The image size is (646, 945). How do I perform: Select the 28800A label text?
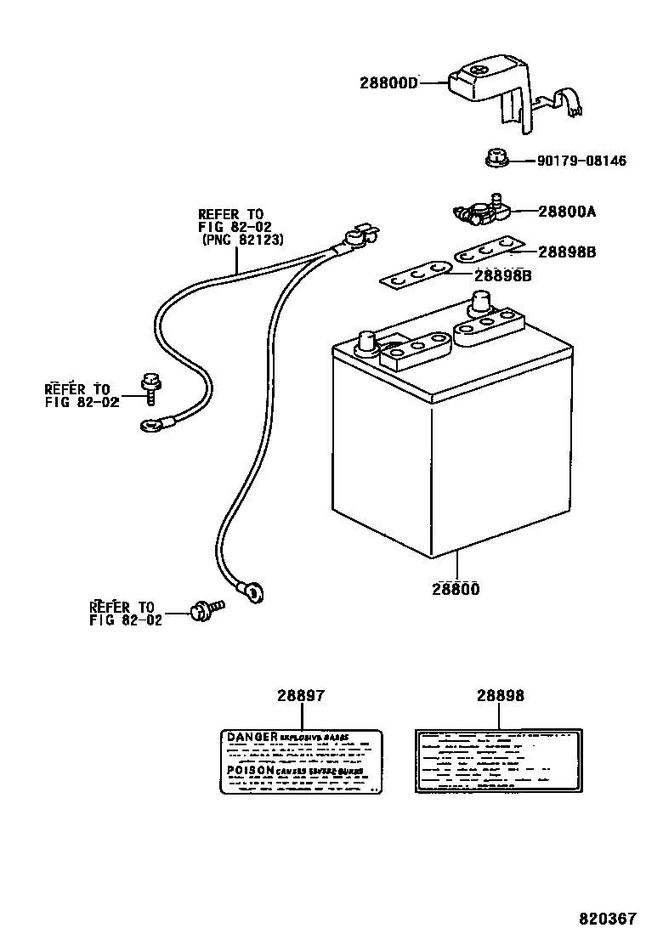tap(567, 212)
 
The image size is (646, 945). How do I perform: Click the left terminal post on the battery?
tap(368, 342)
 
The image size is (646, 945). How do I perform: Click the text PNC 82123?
tap(242, 240)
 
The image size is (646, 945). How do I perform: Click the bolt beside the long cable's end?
tap(204, 608)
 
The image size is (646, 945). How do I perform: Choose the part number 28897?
tap(300, 695)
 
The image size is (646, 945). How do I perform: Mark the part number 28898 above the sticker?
tap(500, 695)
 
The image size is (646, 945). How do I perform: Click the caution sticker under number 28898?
tap(498, 759)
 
